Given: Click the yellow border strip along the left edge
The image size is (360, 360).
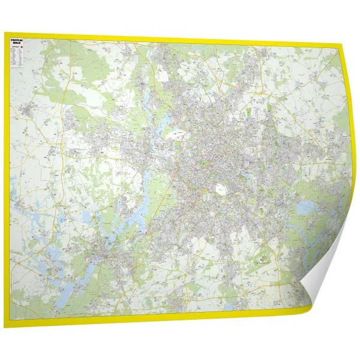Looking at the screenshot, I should tap(7, 180).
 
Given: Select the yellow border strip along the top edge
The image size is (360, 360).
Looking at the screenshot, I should tap(180, 39).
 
